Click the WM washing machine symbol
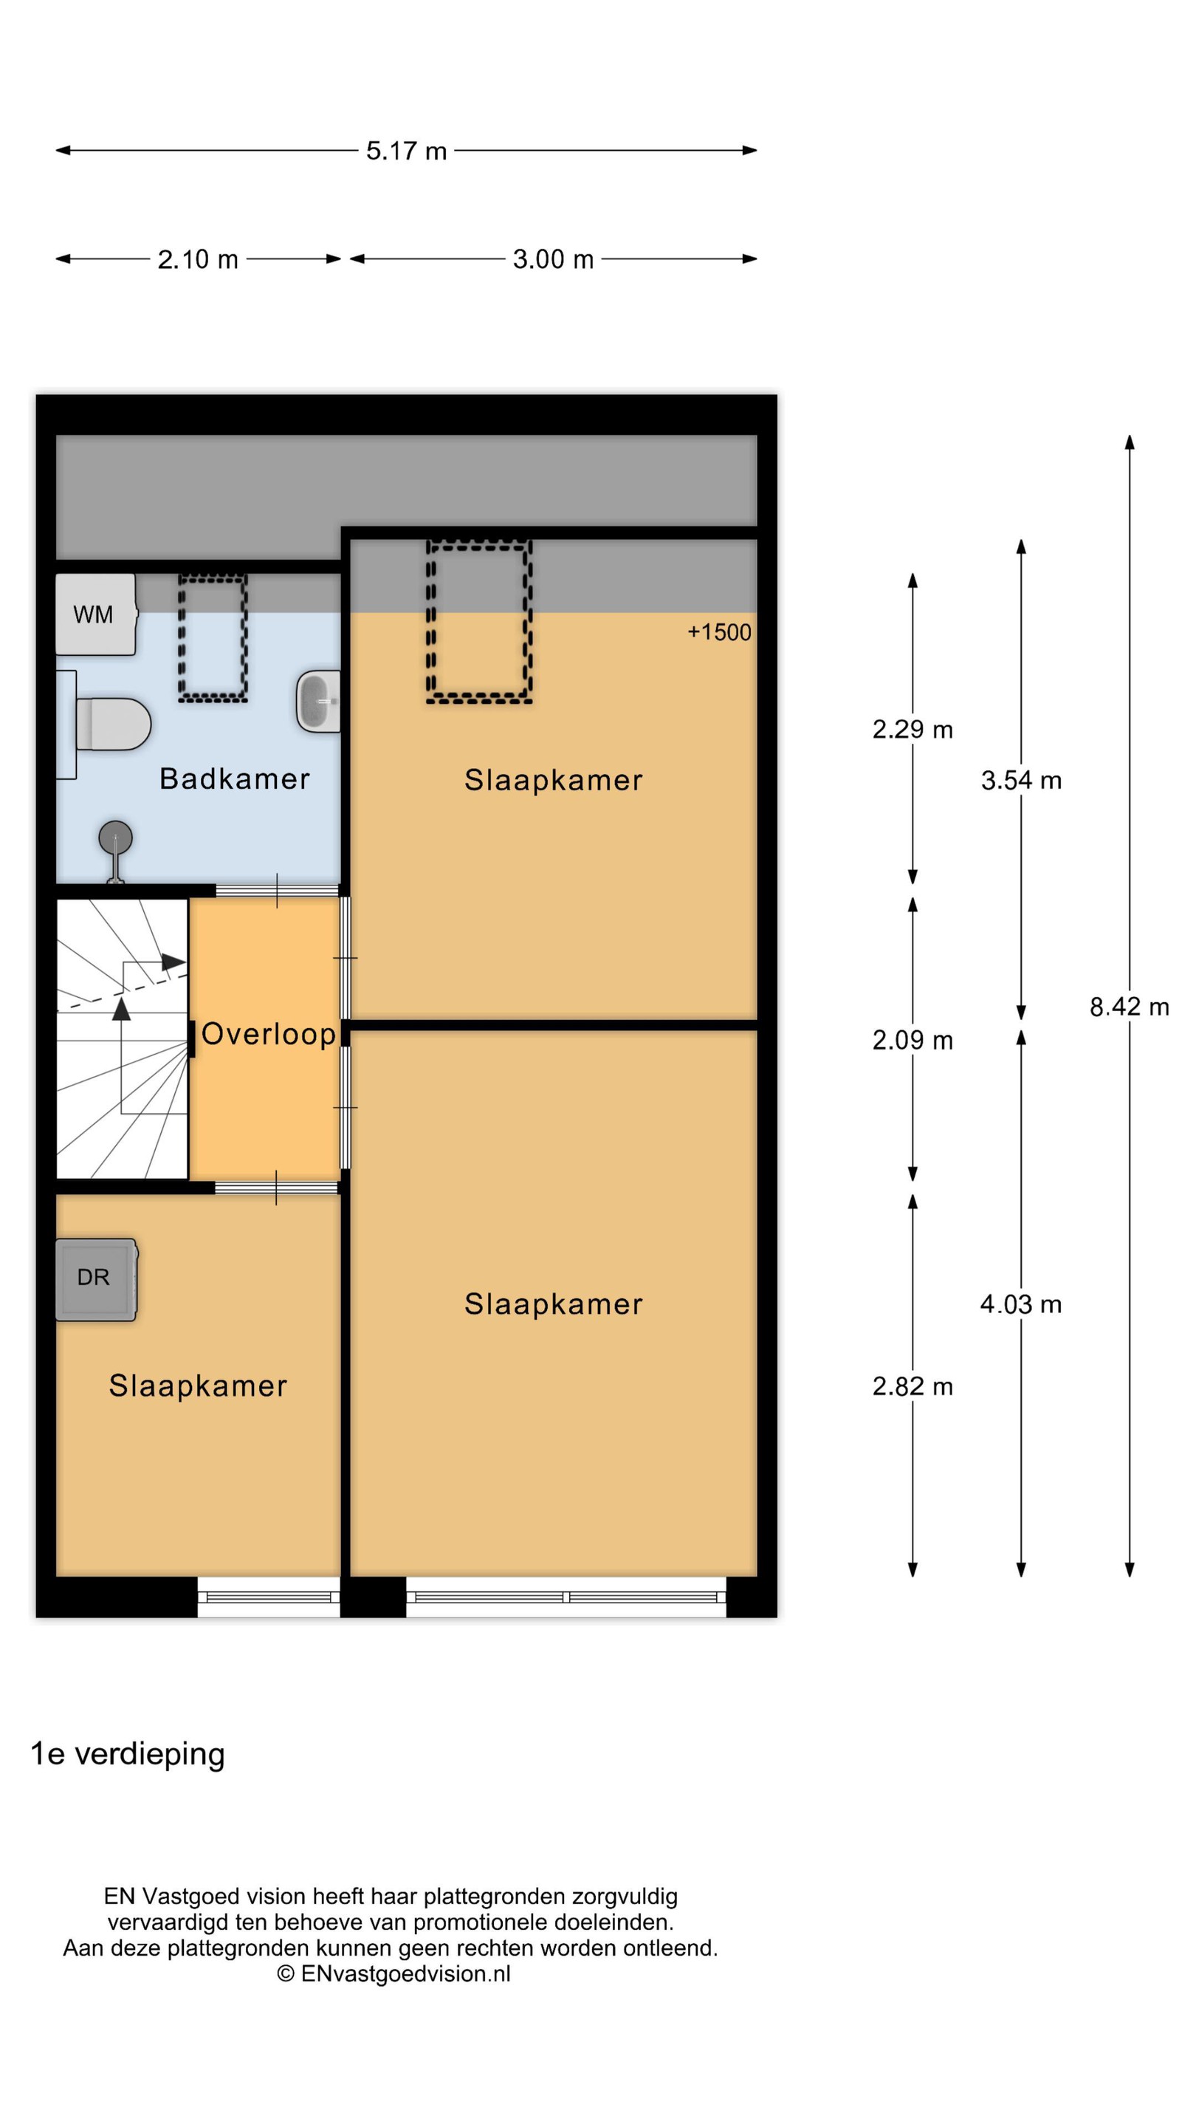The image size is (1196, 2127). [95, 614]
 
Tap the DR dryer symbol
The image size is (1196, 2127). [95, 1279]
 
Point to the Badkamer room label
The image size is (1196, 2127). [235, 778]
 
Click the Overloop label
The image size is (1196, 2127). [268, 1034]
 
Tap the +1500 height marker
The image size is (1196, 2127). [719, 632]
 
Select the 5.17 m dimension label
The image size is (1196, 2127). [406, 151]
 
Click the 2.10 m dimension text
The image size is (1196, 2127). [198, 259]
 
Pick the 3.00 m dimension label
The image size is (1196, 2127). [553, 259]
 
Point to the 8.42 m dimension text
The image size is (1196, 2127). [1129, 1007]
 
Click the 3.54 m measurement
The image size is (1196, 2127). [1021, 781]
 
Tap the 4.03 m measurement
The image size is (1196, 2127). [1021, 1304]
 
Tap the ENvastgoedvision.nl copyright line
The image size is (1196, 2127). [393, 1973]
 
